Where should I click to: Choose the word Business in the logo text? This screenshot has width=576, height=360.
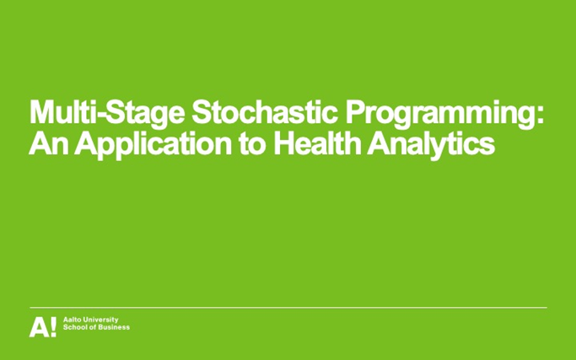113,328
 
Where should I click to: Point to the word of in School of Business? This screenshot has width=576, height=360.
93,328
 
